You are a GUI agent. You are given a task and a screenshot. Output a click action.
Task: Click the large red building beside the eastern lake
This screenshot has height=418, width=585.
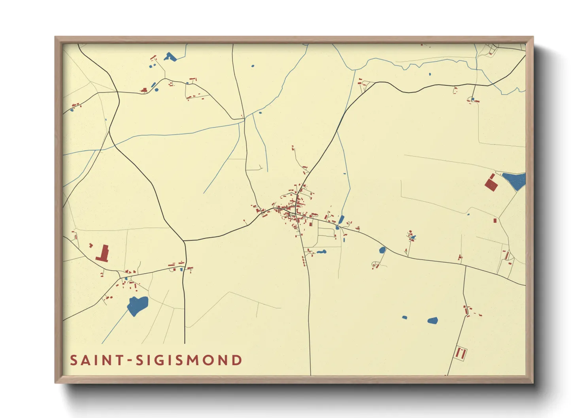[491, 183]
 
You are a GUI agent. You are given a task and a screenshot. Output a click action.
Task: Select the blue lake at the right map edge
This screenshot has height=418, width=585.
[515, 181]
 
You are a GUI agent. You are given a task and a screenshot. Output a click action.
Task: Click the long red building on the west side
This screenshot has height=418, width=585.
[104, 253]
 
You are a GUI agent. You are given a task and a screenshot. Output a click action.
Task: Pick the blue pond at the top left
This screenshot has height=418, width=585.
[170, 57]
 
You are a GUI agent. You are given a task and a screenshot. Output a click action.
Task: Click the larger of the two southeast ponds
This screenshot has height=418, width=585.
[433, 320]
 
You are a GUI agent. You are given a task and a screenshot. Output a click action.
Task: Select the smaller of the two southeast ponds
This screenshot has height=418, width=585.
[404, 317]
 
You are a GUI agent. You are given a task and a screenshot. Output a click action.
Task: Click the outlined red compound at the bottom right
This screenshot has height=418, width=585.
[460, 352]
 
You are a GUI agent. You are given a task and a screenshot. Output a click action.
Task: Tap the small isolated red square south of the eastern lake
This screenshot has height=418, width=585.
[495, 220]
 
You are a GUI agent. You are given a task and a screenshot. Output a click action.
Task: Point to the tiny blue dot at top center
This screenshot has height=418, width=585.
[253, 66]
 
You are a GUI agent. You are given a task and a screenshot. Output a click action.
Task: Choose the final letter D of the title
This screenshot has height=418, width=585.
[237, 360]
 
